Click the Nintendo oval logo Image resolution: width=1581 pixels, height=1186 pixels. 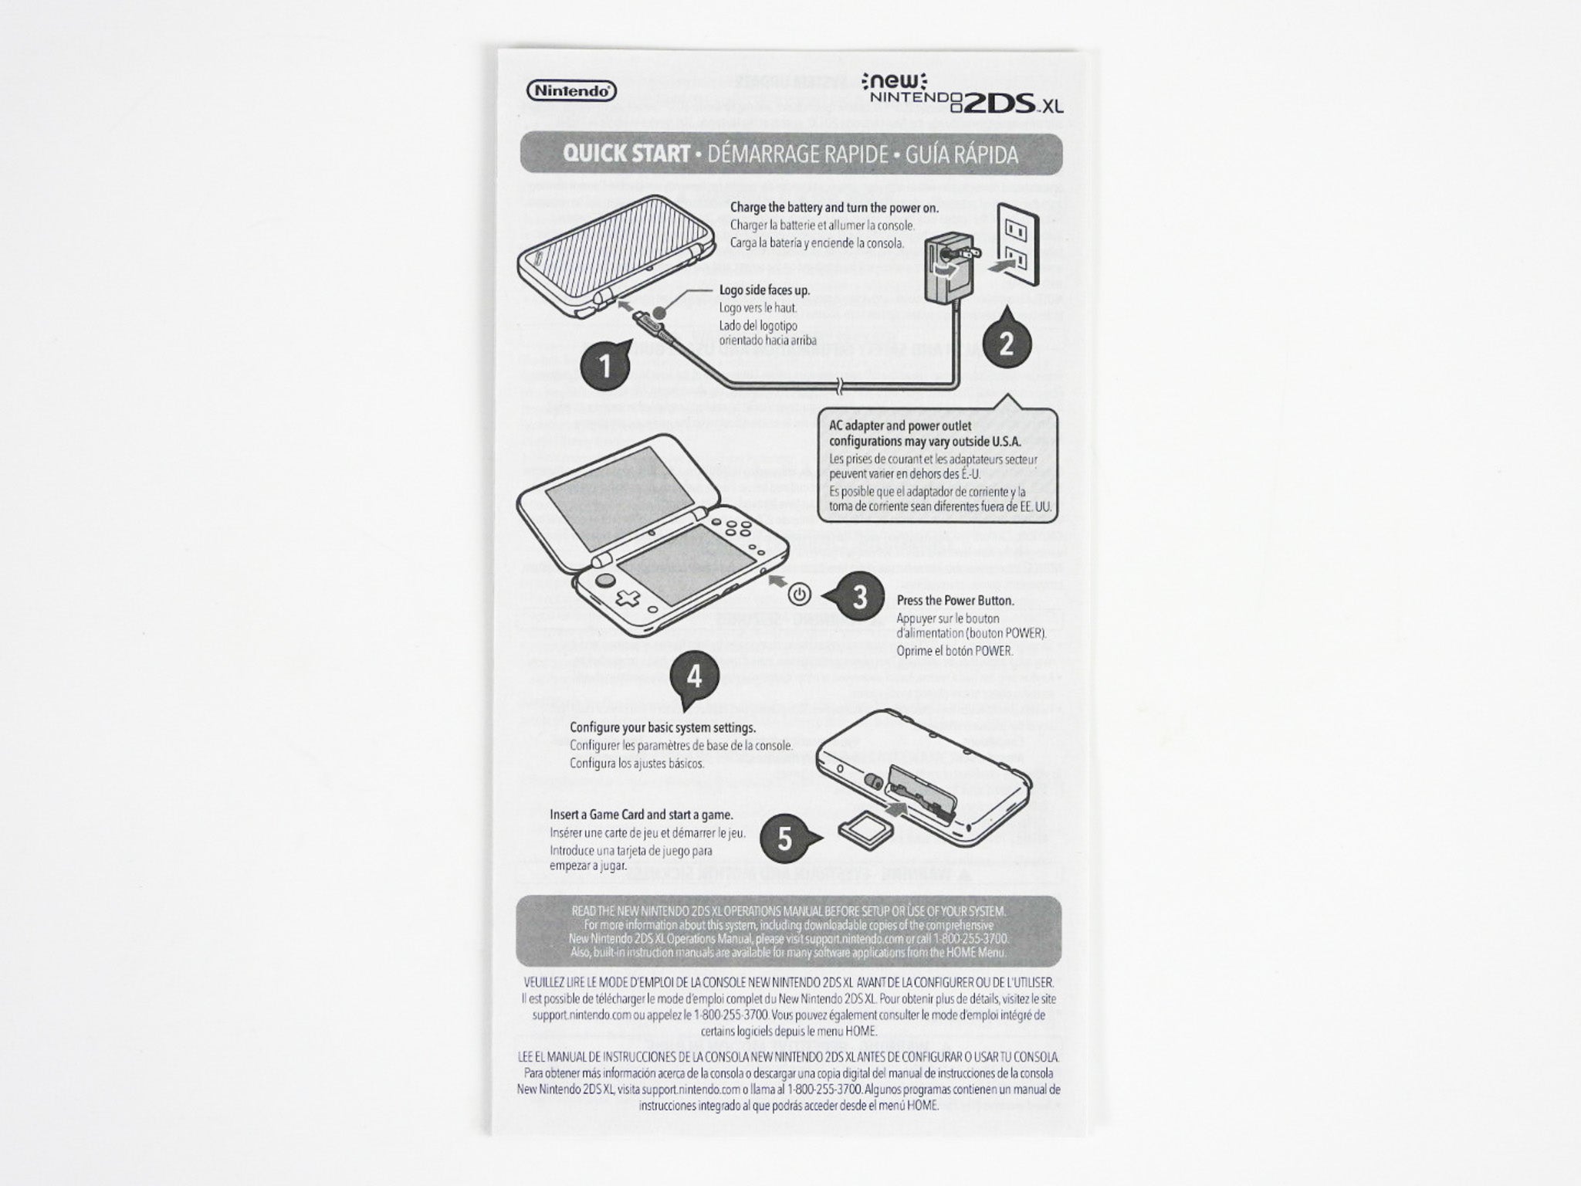[571, 91]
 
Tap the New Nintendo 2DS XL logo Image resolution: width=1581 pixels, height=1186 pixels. [965, 93]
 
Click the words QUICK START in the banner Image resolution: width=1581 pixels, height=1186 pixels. [626, 154]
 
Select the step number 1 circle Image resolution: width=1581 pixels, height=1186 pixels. [606, 364]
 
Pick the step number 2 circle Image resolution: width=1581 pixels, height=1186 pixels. [1006, 343]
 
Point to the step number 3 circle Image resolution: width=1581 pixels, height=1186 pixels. [858, 596]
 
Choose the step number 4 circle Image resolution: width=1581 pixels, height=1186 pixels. [694, 676]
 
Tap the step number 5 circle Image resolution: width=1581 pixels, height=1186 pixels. [784, 839]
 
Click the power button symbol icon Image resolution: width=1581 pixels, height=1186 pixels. [801, 595]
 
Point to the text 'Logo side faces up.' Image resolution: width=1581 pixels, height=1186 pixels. [764, 291]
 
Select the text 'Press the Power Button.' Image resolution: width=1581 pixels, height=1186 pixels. [955, 600]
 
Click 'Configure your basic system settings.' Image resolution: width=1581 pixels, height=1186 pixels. [662, 727]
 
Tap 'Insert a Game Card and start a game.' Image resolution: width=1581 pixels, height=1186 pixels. [641, 815]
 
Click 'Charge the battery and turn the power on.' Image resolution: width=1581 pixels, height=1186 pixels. [834, 208]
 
